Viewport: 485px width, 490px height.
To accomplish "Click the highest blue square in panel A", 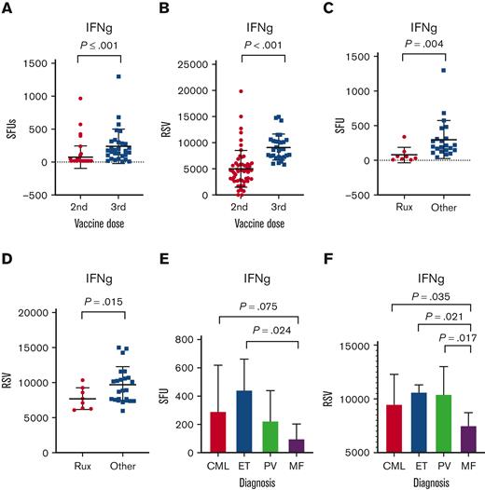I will click(x=119, y=76).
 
